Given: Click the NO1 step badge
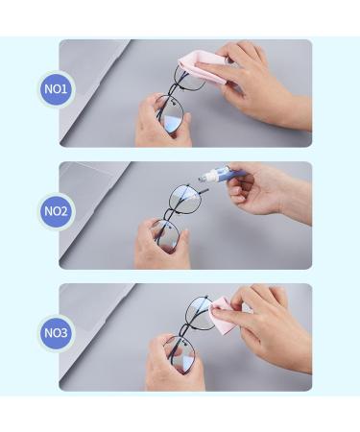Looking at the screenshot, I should click(57, 89).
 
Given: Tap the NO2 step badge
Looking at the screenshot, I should click(57, 211).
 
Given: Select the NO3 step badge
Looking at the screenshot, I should click(57, 333).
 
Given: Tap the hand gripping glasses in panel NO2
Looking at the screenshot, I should click(158, 245).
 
